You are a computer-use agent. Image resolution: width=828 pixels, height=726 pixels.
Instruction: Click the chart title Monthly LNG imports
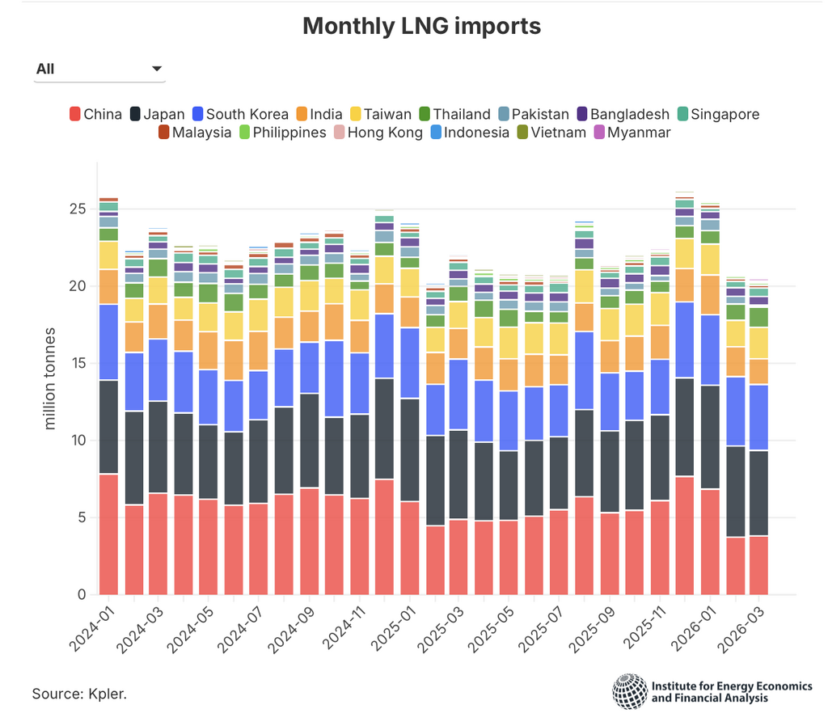(421, 26)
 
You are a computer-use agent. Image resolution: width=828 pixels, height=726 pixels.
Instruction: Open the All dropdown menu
(99, 70)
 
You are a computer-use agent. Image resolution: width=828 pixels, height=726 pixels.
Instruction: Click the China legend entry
(95, 114)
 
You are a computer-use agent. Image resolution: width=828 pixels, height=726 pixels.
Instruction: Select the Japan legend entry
(157, 114)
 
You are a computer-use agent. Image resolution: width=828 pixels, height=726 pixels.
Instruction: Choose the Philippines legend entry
(281, 133)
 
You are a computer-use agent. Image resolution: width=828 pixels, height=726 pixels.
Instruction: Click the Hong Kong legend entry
(376, 133)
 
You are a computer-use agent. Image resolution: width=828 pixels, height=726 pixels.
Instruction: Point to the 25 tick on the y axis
(77, 209)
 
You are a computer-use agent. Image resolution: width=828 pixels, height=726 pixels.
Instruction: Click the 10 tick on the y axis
(77, 441)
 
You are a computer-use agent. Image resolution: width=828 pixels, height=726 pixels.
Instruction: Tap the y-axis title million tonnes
(50, 378)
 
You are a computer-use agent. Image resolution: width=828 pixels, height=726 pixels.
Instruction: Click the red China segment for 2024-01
(108, 534)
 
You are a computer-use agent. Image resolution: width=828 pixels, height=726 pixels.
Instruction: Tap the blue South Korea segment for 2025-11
(660, 387)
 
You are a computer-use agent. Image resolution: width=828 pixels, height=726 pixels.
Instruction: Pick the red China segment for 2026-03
(758, 565)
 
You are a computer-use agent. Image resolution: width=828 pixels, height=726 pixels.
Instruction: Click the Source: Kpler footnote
(79, 694)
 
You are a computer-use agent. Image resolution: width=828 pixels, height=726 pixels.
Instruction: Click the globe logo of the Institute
(629, 691)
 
